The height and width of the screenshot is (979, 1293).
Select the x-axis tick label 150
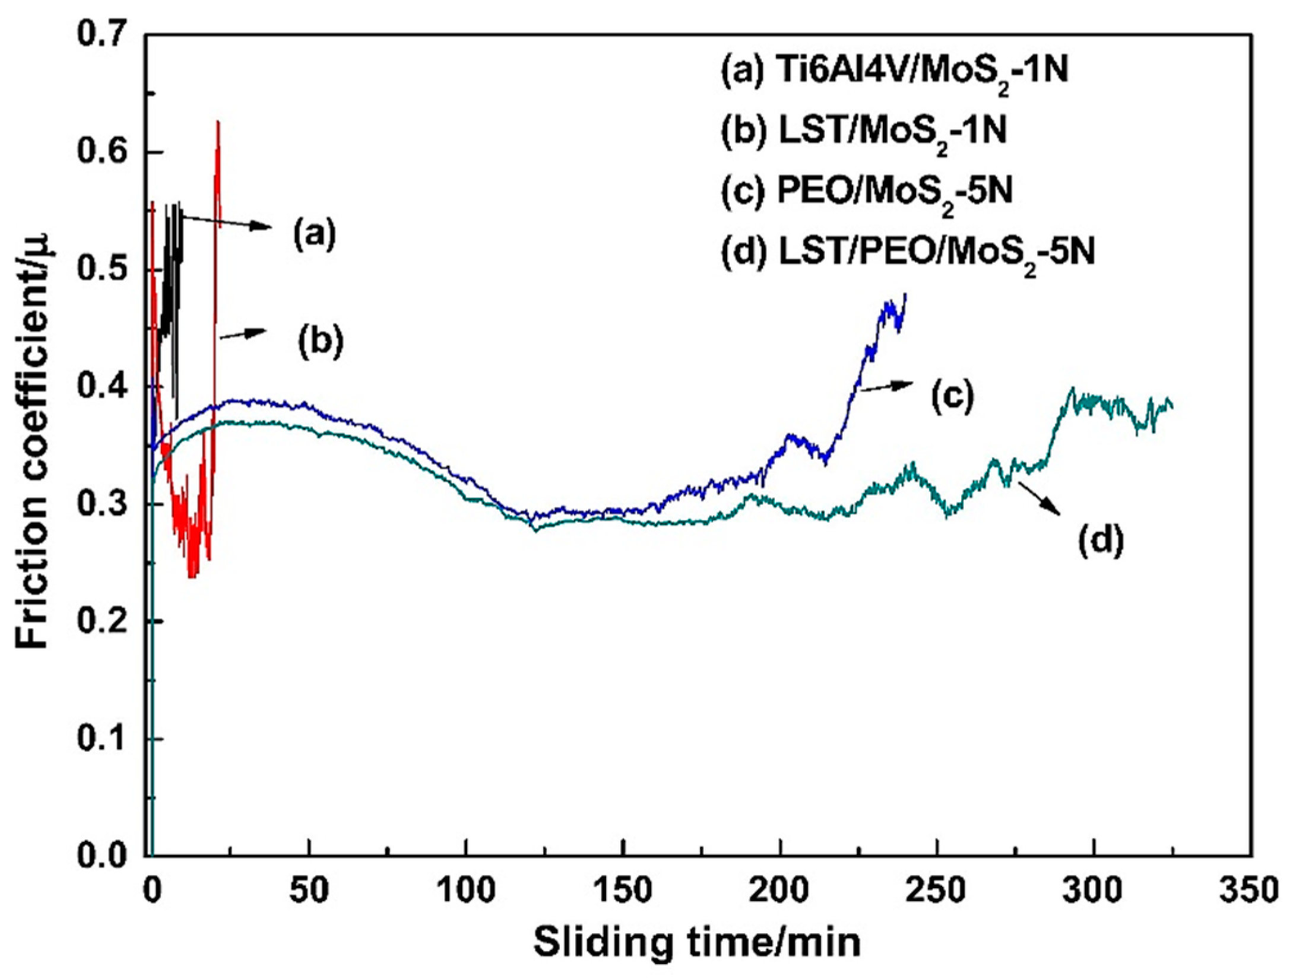tap(623, 891)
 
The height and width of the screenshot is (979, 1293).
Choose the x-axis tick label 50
tap(309, 891)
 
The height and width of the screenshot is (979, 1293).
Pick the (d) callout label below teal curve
tap(1100, 541)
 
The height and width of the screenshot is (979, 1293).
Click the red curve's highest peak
tap(218, 121)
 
